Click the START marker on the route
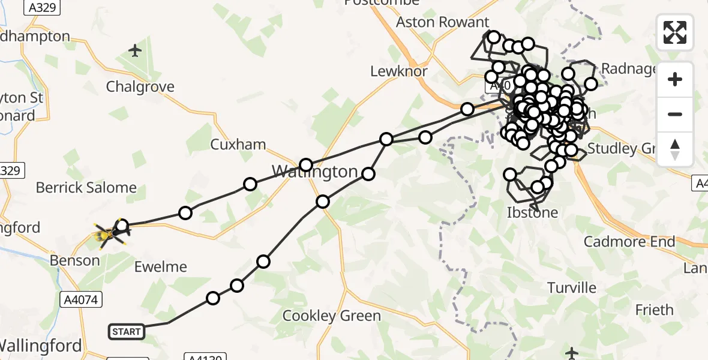127,331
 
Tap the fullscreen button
675,32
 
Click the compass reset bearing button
675,149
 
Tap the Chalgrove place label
140,87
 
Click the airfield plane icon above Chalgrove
136,50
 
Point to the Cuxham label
238,145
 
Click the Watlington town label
314,172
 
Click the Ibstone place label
532,212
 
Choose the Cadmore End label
630,242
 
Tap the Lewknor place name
399,71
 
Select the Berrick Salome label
86,188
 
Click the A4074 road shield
81,299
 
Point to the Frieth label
654,310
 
